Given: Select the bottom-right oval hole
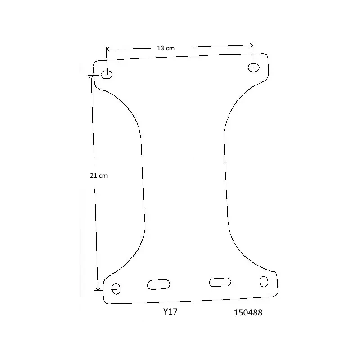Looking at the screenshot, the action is coord(264,282).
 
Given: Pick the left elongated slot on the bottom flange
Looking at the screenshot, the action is coord(159,284).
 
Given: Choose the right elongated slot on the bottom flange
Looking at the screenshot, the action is coord(220,282).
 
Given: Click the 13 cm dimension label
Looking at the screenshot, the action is coord(166,49).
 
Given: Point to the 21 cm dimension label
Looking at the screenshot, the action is coord(99,175).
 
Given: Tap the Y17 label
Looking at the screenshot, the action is coord(171,311).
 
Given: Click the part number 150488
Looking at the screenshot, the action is coord(248,312).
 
